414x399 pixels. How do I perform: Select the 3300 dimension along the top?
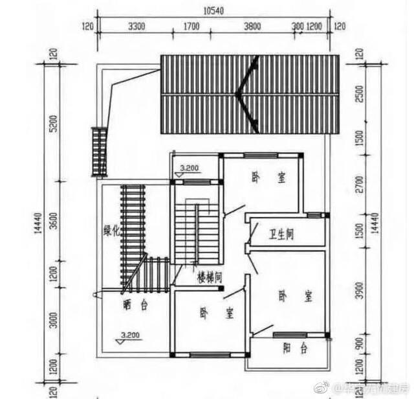[136, 27]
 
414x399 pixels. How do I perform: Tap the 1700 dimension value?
[191, 27]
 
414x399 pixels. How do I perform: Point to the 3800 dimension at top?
[252, 27]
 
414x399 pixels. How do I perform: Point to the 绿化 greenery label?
[112, 233]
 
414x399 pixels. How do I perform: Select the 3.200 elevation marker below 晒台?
[129, 336]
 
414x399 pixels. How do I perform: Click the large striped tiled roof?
[250, 95]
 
